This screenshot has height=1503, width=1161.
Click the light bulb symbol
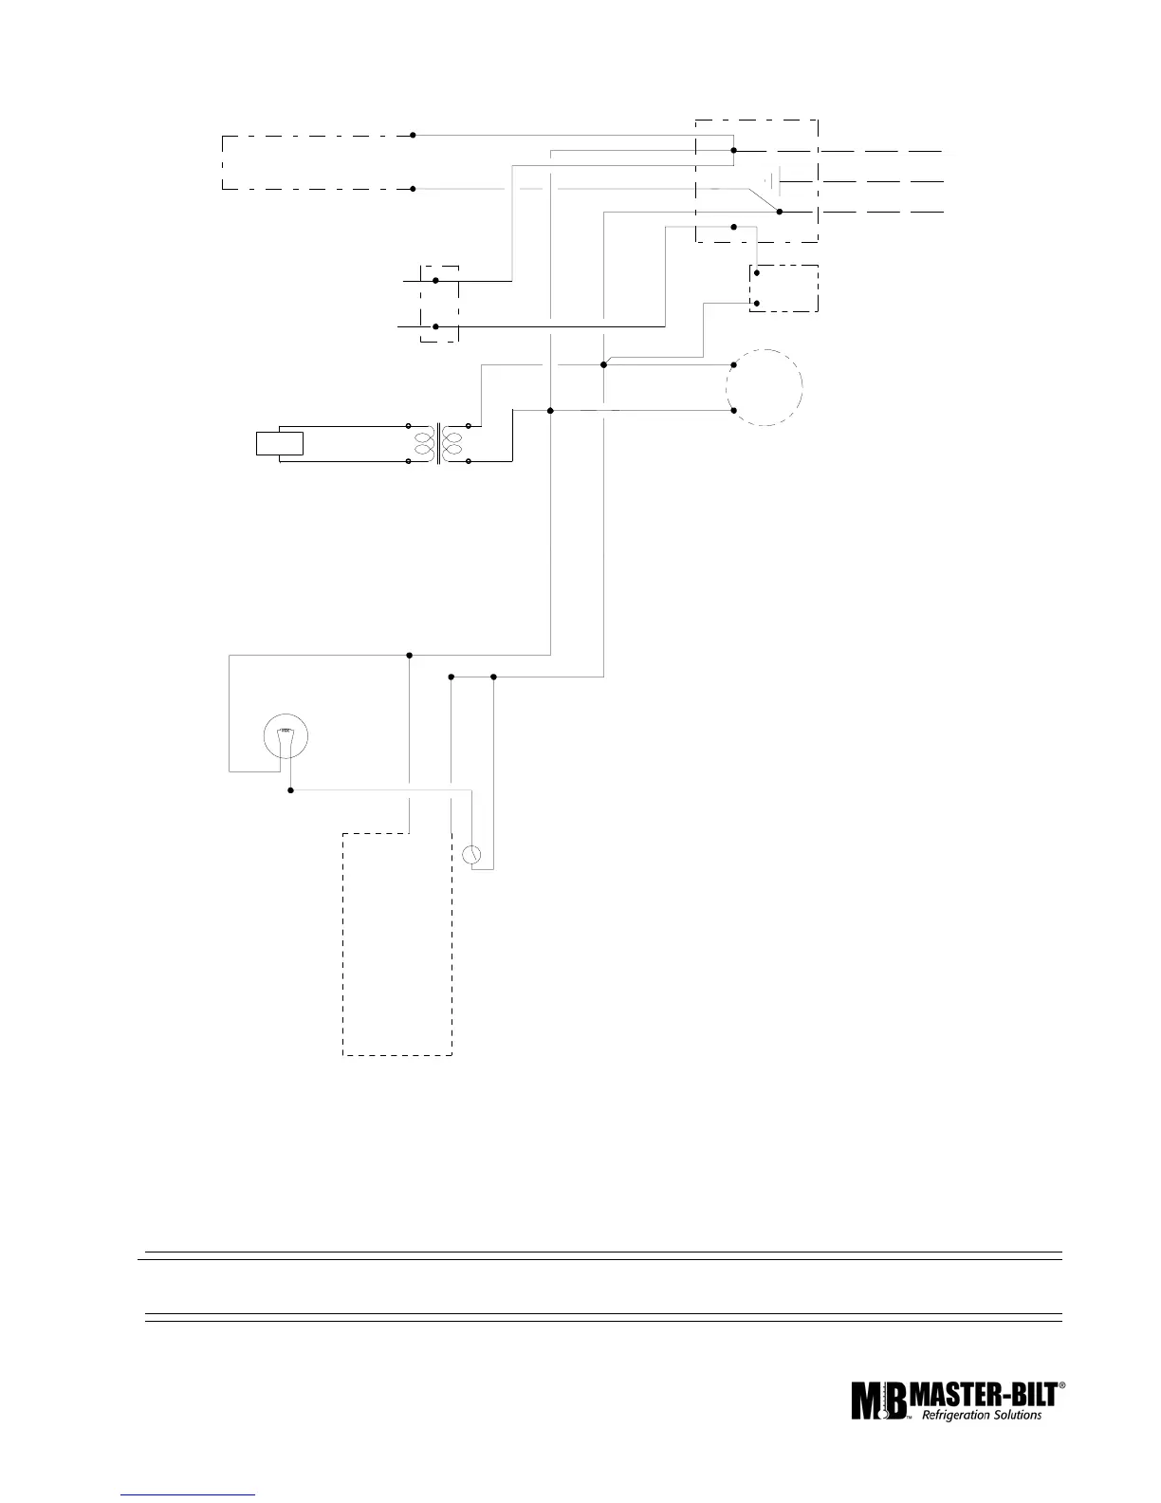tap(285, 735)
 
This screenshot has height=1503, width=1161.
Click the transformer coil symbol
tap(438, 444)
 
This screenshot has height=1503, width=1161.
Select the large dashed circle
tap(765, 387)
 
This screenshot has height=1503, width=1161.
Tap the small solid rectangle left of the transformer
tap(280, 443)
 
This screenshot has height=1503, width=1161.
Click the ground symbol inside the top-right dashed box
tap(774, 180)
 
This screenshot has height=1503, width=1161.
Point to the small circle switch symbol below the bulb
tap(471, 854)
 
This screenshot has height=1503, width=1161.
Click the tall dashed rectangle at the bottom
tap(396, 944)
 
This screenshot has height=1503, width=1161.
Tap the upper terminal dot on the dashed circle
tap(734, 364)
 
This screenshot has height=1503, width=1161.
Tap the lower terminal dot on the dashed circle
tap(734, 411)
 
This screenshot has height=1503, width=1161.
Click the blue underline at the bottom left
tap(189, 1496)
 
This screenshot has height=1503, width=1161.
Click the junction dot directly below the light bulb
tap(290, 789)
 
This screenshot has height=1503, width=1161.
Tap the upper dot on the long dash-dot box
tap(413, 136)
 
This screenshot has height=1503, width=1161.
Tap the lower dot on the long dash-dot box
tap(413, 189)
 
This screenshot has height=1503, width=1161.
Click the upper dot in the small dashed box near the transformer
tap(435, 281)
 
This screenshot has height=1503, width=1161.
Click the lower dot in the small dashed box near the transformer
tap(435, 326)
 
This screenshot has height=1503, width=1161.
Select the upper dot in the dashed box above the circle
tap(756, 272)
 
